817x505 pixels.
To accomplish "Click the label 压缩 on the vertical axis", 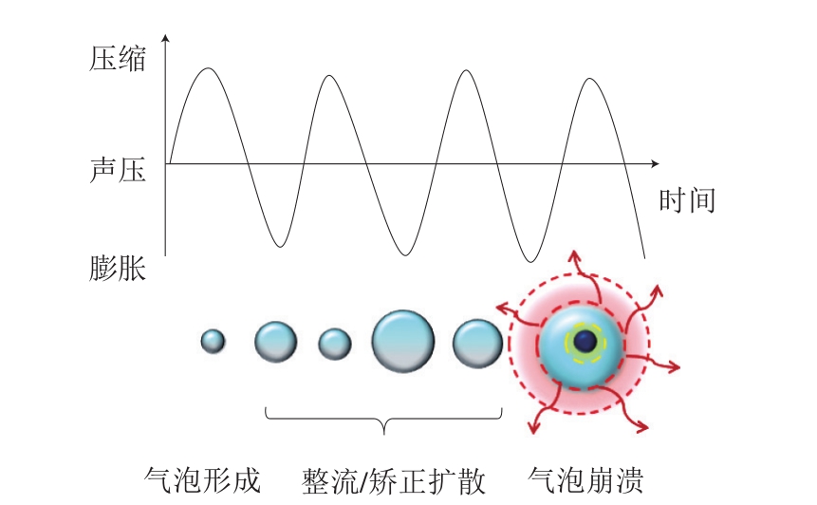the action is point(118,58).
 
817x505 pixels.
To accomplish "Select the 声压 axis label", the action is point(118,170).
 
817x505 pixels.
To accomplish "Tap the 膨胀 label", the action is point(118,269).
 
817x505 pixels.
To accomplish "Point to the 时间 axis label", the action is point(687,200).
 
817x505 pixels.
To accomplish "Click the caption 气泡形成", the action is point(202,480).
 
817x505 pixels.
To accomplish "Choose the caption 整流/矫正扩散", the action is point(394,480).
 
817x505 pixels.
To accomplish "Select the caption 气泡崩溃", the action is point(585,480).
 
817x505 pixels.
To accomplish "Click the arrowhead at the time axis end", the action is point(656,163).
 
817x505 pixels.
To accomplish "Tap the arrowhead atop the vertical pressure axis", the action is point(165,38).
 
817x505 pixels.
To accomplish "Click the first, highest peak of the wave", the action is point(209,68).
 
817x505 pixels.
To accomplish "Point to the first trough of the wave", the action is point(280,246).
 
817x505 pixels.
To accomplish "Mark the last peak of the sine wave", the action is point(589,79).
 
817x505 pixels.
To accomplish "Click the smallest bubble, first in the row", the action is point(213,342).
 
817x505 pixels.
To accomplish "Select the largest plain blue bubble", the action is point(402,342).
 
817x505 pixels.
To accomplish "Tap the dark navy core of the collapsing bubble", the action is point(585,342).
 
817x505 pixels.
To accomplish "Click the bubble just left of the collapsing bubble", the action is point(477,344).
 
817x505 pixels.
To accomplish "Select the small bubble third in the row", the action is point(335,344).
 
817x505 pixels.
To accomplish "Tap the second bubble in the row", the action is point(275,342).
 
